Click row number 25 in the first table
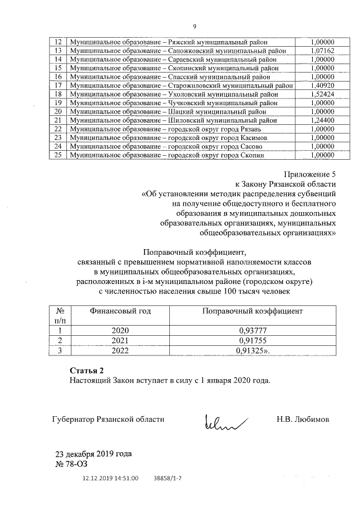point(57,155)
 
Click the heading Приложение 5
point(310,174)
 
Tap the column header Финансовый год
point(121,311)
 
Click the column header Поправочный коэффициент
point(252,311)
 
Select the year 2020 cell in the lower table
point(120,331)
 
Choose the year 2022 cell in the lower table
point(120,351)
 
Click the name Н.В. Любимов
point(303,419)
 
